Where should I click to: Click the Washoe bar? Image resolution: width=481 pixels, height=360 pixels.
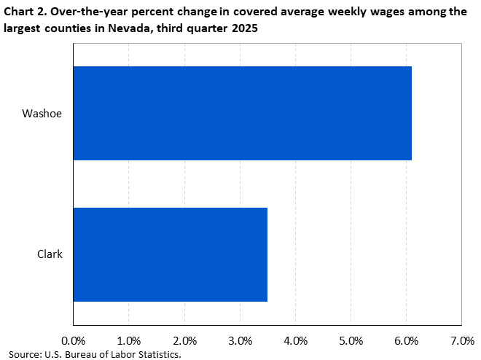[242, 113]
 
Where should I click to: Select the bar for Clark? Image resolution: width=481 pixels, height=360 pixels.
[170, 254]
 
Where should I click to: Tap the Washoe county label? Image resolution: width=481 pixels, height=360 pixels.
[42, 114]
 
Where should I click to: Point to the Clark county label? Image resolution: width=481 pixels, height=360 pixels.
[50, 254]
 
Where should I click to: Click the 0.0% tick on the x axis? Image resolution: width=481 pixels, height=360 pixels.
[73, 340]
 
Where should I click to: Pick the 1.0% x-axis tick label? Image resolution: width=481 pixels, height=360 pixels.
[128, 340]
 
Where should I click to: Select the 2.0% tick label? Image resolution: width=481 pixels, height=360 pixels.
[184, 340]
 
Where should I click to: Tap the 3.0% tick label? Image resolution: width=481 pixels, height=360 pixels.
[240, 340]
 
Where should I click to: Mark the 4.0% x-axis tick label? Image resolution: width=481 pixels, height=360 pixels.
[295, 340]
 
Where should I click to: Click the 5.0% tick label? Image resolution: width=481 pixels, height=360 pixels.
[351, 340]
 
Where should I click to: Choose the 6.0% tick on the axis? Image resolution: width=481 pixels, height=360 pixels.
[406, 340]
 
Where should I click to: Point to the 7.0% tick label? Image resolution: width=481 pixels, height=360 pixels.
[462, 340]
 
